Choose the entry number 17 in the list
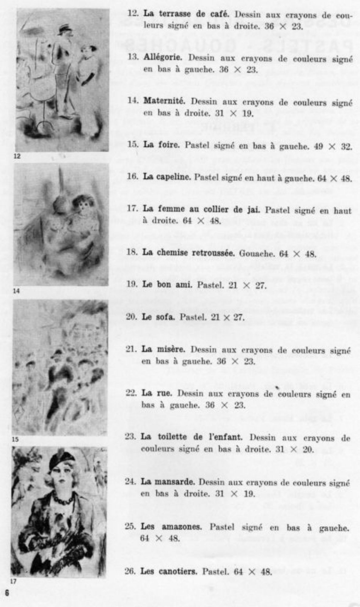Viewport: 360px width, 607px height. (132, 209)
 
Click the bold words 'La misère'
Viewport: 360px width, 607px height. (163, 349)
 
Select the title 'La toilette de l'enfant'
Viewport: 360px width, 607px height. (191, 437)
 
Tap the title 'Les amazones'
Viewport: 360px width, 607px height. (171, 527)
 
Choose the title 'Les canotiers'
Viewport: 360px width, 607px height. (169, 571)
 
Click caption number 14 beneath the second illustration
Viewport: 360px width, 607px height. (16, 291)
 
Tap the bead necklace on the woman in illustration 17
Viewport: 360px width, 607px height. (63, 498)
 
